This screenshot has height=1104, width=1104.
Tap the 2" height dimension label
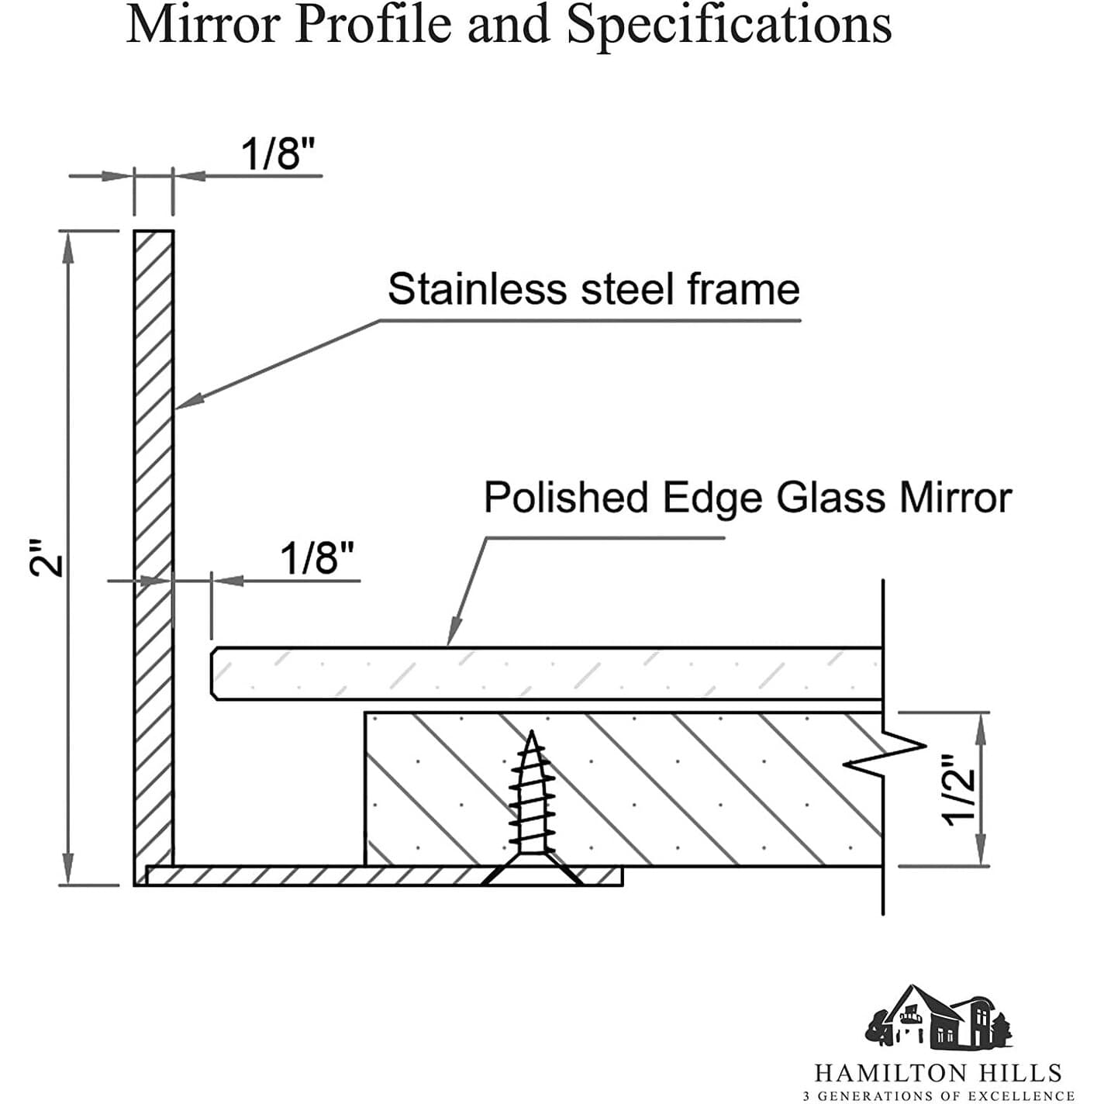(x=46, y=557)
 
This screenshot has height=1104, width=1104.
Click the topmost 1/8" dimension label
(x=278, y=154)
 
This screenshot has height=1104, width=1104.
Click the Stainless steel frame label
(x=594, y=288)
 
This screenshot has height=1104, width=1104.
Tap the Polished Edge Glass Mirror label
(x=747, y=497)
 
